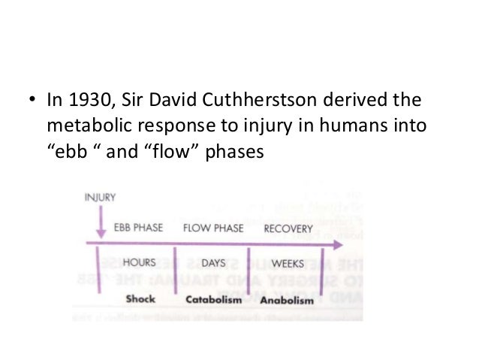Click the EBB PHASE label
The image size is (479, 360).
[138, 228]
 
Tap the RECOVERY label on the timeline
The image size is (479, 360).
[287, 228]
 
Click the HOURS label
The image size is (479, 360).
[139, 264]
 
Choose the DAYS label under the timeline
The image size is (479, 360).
[213, 264]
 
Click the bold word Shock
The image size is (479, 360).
[140, 298]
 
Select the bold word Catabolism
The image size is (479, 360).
[214, 299]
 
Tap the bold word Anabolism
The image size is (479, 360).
[286, 299]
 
